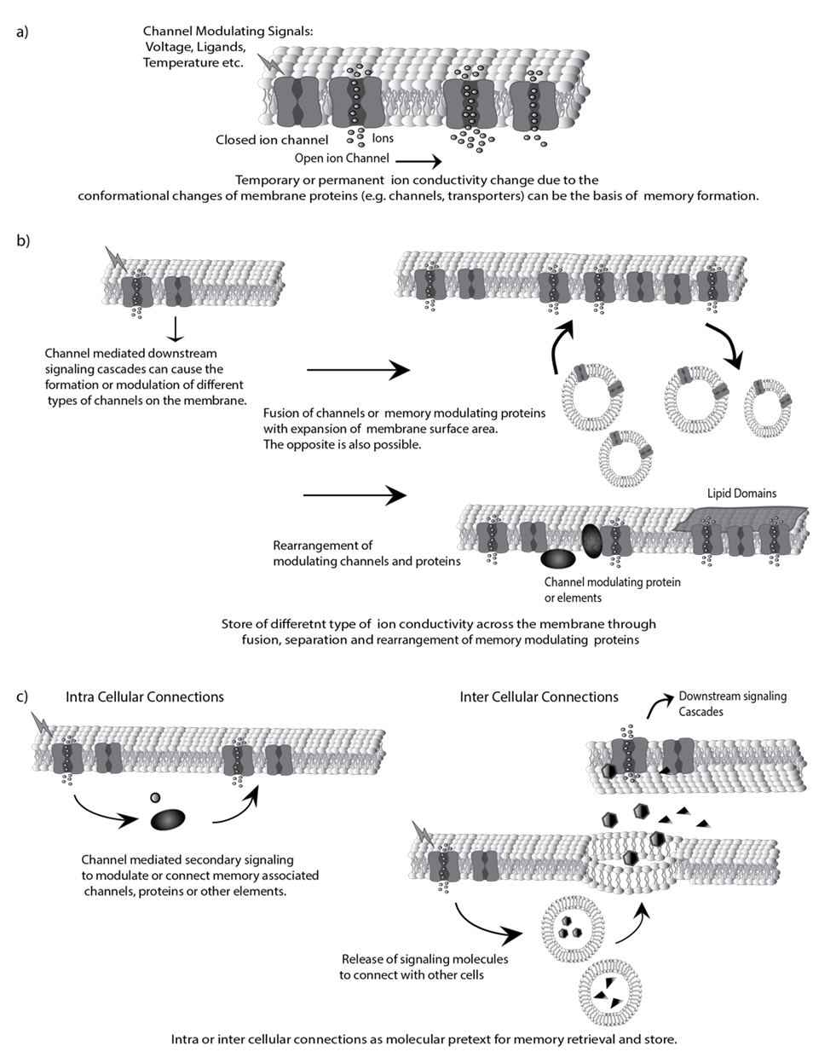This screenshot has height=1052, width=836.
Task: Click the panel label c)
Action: (23, 697)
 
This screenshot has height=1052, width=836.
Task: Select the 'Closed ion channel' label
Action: (272, 140)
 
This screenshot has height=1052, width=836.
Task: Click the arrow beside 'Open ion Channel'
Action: (418, 159)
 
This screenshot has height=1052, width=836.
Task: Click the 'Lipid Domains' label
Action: (741, 493)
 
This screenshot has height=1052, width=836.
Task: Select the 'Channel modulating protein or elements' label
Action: (612, 590)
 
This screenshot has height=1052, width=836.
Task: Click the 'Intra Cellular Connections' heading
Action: (145, 697)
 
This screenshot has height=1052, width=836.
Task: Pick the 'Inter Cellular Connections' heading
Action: (539, 697)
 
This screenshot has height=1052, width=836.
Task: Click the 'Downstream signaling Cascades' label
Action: (732, 703)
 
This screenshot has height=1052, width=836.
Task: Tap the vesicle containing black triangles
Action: (609, 989)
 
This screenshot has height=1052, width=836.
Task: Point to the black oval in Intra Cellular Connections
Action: (168, 820)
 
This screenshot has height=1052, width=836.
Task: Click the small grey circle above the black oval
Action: (154, 797)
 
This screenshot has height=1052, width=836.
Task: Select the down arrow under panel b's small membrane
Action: (173, 327)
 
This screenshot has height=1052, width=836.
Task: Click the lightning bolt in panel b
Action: (113, 257)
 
